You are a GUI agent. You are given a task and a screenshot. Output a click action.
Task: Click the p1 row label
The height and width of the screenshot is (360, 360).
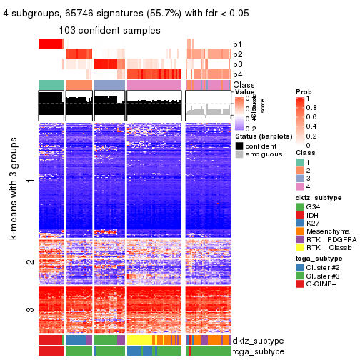pyautogui.click(x=236, y=44)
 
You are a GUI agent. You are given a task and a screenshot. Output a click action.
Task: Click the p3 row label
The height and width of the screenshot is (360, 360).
pyautogui.click(x=236, y=64)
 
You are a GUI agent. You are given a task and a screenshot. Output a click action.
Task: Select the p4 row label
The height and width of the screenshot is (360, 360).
pyautogui.click(x=236, y=74)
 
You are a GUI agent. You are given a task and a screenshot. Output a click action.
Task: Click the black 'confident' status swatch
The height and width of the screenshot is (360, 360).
pyautogui.click(x=239, y=146)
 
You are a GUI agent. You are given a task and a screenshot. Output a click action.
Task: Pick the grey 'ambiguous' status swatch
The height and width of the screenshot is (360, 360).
pyautogui.click(x=239, y=154)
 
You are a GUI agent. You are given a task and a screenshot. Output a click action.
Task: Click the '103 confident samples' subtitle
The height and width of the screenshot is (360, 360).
pyautogui.click(x=110, y=31)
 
